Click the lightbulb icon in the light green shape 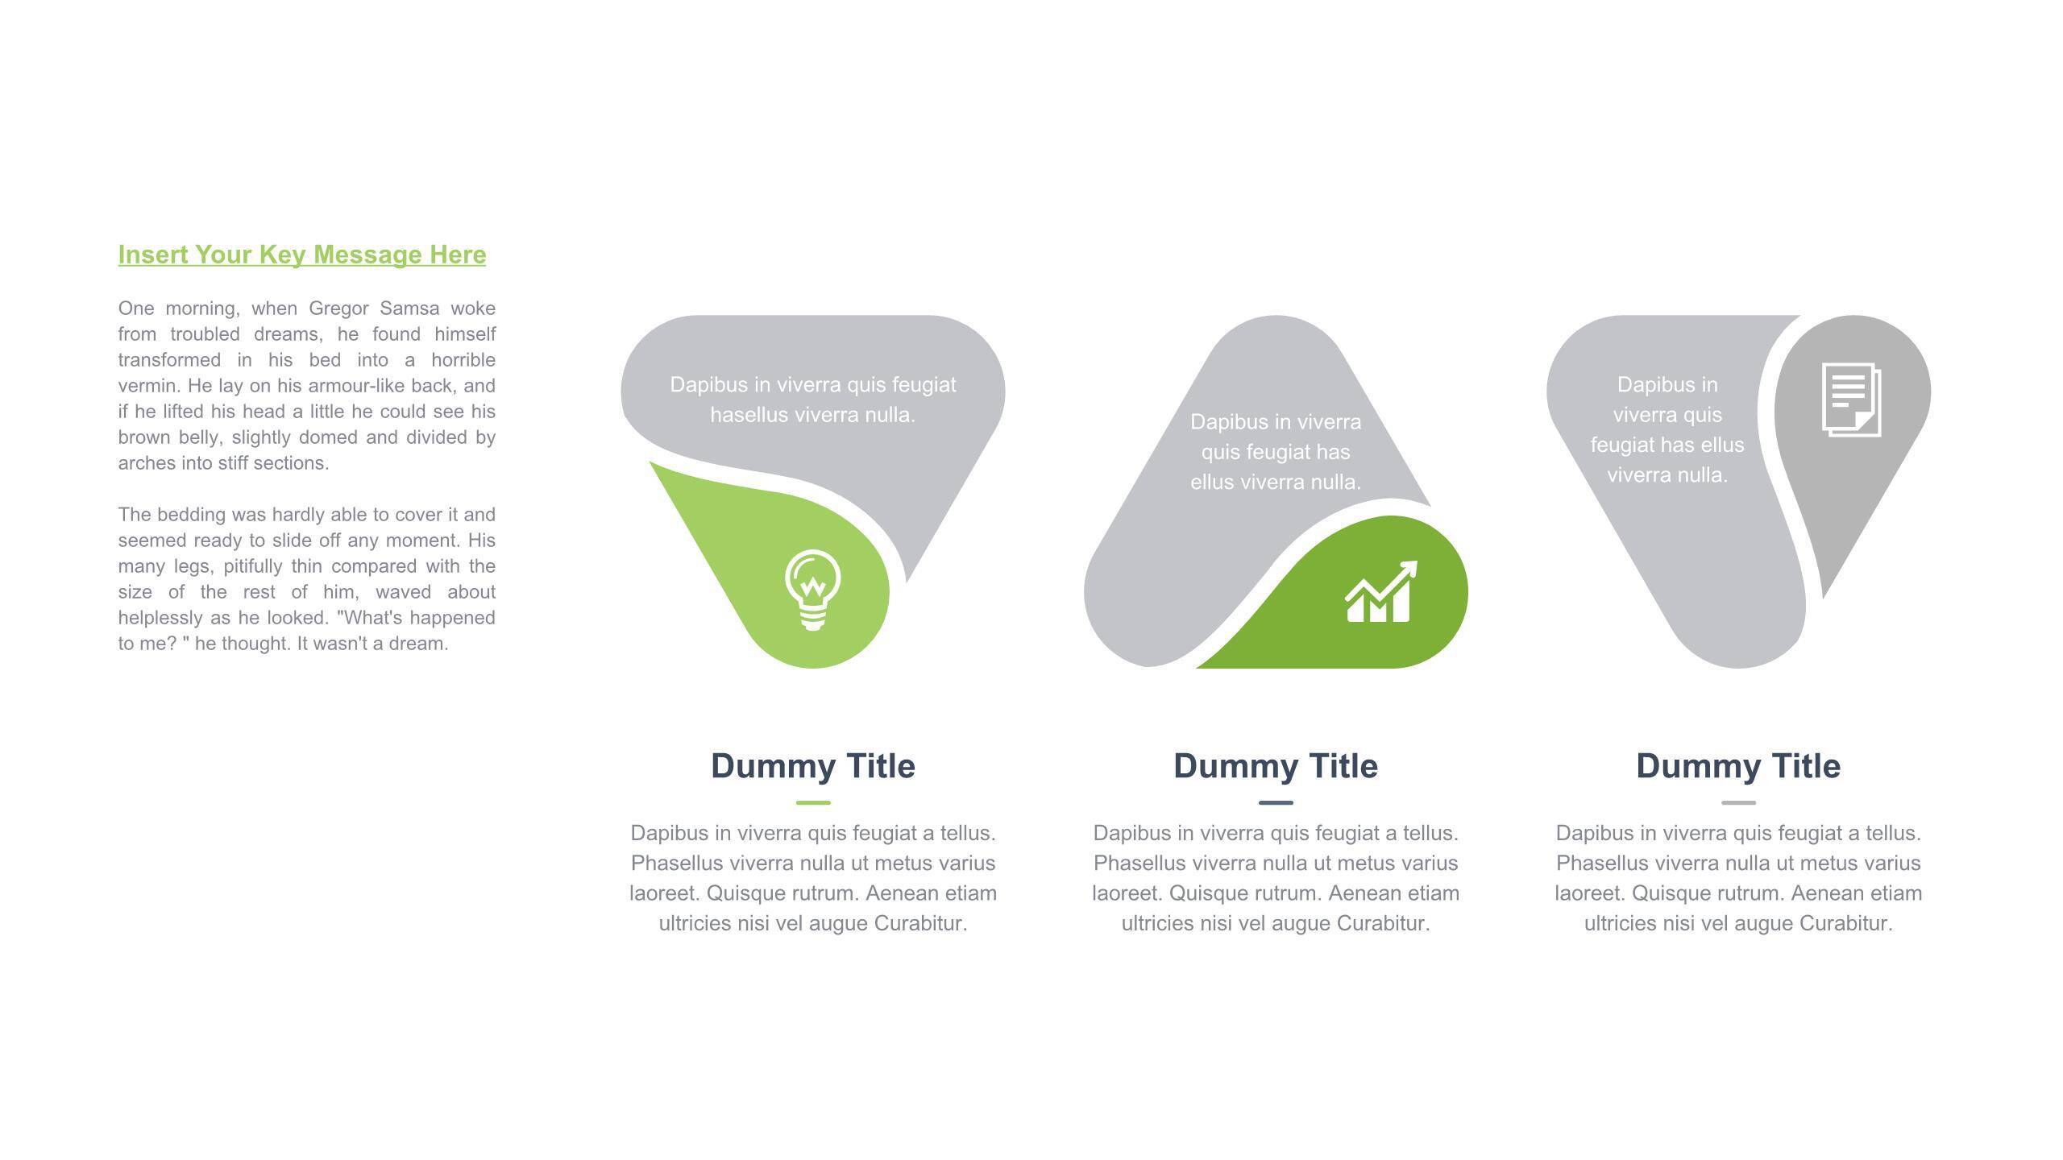[812, 590]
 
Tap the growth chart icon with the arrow [1380, 592]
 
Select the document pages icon [1851, 400]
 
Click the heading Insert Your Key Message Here [302, 255]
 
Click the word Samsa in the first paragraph [409, 309]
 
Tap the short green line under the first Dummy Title [813, 802]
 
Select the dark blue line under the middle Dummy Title [1276, 802]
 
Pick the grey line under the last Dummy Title [1738, 802]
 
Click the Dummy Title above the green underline [813, 766]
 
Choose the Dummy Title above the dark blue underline [1276, 766]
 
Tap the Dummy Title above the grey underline [1738, 766]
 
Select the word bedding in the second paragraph [191, 515]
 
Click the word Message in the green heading [367, 255]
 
